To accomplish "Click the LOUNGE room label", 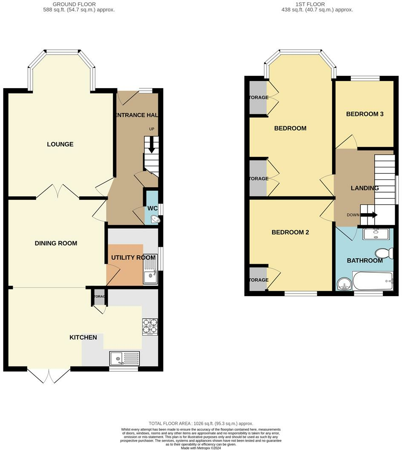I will click(60, 144).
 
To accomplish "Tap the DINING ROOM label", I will click(56, 243).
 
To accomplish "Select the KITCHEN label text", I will click(83, 337).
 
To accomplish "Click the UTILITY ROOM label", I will click(133, 258).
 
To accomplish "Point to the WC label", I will click(152, 208).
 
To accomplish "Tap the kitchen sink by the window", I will click(124, 358).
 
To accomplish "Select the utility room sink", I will click(150, 271).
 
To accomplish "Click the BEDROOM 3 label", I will click(365, 114).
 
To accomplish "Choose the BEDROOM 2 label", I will click(290, 232).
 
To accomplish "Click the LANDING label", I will click(365, 188).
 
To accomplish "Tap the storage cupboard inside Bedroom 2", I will click(258, 280).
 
